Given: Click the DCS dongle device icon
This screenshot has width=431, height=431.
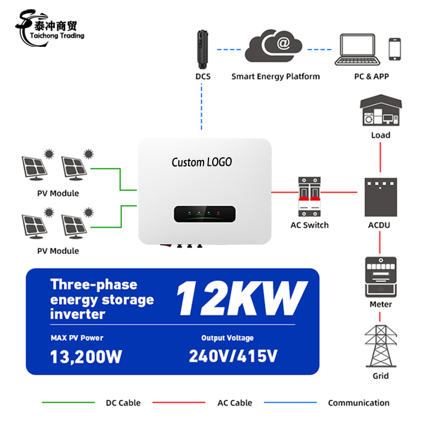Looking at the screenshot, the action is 203,50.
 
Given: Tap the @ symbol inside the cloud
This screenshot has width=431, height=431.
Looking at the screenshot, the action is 283,43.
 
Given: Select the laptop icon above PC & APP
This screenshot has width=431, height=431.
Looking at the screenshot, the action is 357,50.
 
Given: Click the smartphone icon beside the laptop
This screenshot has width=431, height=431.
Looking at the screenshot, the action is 395,49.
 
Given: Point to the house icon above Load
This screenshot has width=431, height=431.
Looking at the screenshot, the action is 381,110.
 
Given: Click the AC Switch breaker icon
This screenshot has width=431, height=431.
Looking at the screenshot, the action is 309,197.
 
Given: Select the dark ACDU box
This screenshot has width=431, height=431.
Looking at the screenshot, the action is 381,197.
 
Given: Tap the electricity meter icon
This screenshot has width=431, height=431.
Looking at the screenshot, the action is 381,277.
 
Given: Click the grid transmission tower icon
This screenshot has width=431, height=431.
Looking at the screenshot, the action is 381,346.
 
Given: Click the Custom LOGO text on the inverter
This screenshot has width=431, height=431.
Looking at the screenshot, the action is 201,162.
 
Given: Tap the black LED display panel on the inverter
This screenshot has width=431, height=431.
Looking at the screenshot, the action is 205,214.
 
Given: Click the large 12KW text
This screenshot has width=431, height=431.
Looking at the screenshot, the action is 242,298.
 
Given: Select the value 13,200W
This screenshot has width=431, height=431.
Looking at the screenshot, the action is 86,357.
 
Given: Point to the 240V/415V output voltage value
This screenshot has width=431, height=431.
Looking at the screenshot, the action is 233,356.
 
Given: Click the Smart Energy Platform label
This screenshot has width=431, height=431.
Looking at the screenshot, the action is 275,77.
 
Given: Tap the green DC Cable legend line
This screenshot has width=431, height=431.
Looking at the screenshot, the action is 68,402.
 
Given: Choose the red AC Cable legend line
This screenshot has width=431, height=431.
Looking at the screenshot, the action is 179,402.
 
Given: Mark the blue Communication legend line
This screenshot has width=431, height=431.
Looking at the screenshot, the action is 290,402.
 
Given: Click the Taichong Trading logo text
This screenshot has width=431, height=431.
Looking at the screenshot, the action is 57,36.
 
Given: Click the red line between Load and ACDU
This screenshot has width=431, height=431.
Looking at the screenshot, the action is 380,157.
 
